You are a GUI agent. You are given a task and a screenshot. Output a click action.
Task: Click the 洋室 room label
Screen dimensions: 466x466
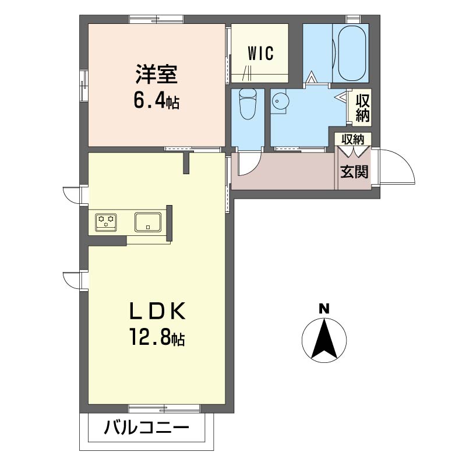[156, 76]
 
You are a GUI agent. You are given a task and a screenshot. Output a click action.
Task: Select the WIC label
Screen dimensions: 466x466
[260, 54]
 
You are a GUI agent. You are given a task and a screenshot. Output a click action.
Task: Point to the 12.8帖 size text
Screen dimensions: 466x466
[156, 338]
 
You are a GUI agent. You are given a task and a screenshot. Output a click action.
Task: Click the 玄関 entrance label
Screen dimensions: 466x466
[354, 172]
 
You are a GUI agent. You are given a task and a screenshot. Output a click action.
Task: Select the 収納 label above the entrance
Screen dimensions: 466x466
[353, 140]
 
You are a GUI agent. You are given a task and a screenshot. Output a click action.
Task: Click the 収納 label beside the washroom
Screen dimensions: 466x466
[362, 107]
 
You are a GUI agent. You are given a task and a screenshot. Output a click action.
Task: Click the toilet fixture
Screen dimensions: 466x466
[248, 105]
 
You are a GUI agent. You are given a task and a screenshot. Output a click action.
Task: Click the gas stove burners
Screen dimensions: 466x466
[107, 221]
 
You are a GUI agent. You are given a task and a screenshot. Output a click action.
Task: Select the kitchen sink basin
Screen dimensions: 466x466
[148, 221]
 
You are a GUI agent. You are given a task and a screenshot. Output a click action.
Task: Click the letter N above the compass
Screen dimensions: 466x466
[324, 308]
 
